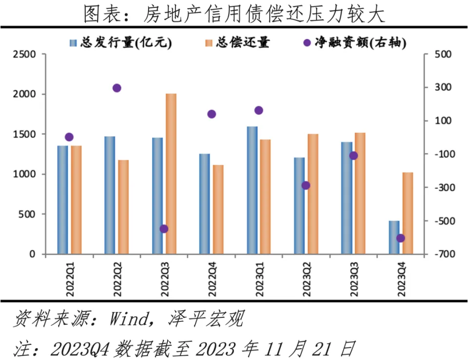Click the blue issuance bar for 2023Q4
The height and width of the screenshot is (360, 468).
tap(394, 238)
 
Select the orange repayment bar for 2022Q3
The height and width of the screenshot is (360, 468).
tap(171, 174)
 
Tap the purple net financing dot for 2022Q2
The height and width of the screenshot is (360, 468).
tap(117, 88)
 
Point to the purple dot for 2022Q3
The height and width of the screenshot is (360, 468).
tap(164, 229)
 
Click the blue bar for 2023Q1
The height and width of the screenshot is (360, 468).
tap(252, 190)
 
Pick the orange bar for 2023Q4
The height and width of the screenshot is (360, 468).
tap(408, 213)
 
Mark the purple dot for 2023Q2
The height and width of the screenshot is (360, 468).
tap(306, 185)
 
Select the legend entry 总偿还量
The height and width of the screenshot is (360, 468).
tap(237, 43)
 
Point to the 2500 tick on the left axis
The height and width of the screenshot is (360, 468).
tap(25, 54)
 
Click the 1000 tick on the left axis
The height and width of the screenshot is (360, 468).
tap(25, 174)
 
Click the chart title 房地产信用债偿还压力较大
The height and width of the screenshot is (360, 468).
tap(234, 14)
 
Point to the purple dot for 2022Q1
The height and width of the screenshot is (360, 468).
tap(69, 137)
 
